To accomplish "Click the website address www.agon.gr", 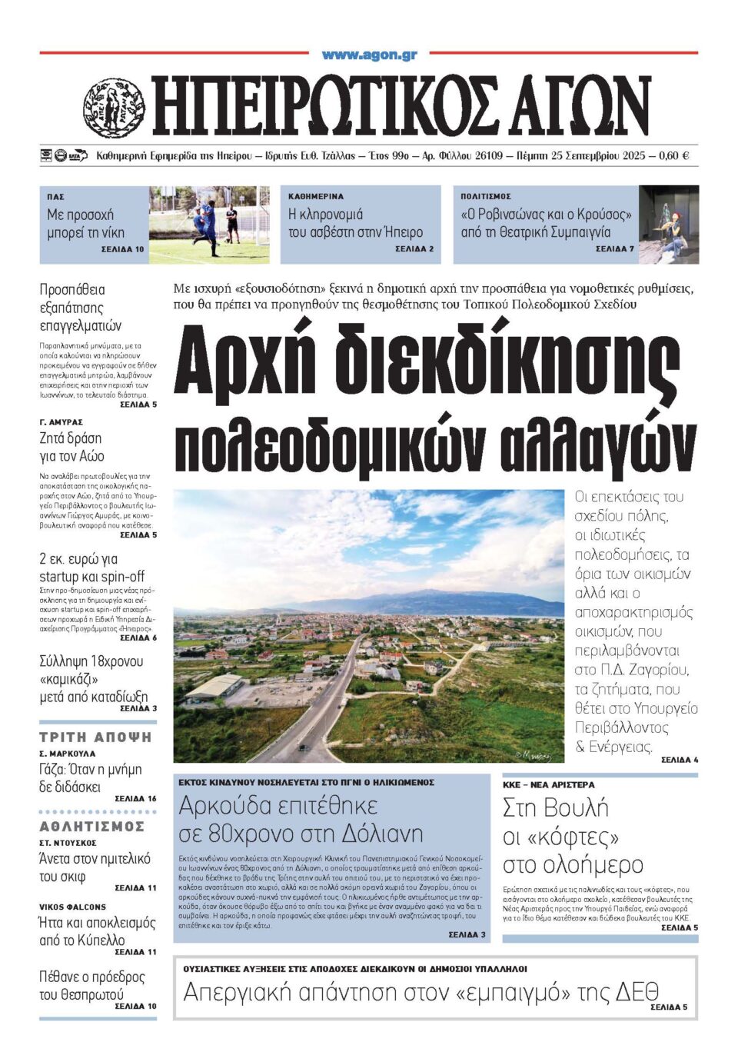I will (x=369, y=55).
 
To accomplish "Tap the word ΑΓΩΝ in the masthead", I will (x=576, y=106).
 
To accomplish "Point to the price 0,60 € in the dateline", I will (x=673, y=156).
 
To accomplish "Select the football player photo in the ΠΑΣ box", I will (x=209, y=225).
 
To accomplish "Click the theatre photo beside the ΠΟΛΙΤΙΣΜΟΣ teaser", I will (x=669, y=225).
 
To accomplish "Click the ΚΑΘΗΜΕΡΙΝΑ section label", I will (x=316, y=197).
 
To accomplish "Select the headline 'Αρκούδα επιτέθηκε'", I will (x=278, y=806).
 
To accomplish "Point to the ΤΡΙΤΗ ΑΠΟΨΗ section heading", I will (x=95, y=737).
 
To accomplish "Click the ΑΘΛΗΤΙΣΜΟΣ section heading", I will (x=92, y=827).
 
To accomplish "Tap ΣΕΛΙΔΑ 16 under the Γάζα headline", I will (x=135, y=799).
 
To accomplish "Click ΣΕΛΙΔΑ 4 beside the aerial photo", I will (x=680, y=760).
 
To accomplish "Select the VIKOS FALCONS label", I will (x=73, y=907).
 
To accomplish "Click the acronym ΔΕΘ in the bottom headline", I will (x=637, y=993).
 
